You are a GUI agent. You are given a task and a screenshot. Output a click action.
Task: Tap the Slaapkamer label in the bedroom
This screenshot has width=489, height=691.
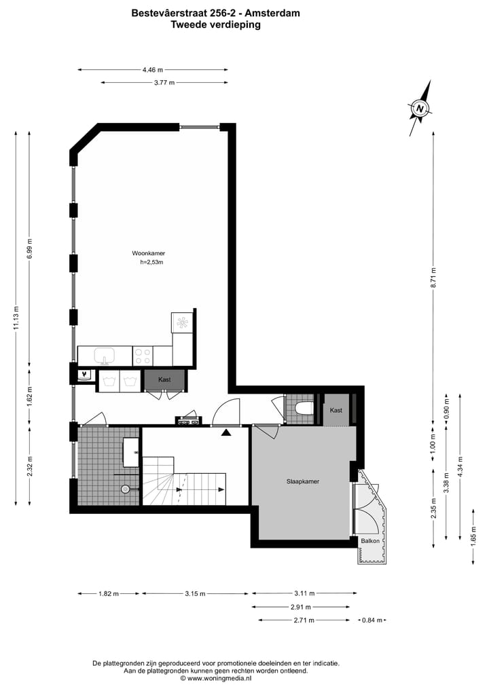click(302, 481)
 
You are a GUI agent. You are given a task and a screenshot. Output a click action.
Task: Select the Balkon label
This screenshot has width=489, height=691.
click(370, 541)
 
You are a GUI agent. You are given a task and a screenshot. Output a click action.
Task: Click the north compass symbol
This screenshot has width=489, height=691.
click(420, 108)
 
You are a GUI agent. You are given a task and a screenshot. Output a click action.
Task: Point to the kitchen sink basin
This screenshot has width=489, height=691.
click(105, 355)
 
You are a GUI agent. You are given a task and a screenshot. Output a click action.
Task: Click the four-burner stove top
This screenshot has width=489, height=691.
click(143, 355)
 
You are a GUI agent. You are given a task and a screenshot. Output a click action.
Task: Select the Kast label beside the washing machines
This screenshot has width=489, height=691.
click(164, 380)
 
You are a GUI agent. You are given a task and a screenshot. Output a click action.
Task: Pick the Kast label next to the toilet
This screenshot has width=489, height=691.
click(336, 411)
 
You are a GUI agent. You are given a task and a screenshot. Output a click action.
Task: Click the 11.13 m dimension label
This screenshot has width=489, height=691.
click(16, 317)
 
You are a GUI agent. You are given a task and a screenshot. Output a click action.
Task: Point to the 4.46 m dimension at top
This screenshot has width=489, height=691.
click(152, 69)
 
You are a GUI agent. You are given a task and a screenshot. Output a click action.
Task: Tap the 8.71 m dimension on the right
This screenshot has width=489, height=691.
click(433, 278)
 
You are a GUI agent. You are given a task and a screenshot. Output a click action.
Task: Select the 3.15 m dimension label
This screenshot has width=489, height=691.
click(195, 594)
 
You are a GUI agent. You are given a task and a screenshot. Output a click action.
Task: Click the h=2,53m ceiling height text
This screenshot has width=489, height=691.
click(152, 262)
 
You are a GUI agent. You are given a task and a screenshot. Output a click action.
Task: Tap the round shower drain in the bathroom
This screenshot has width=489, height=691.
click(125, 488)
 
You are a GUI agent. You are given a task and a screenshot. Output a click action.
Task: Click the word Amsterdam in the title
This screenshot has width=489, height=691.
click(274, 12)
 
